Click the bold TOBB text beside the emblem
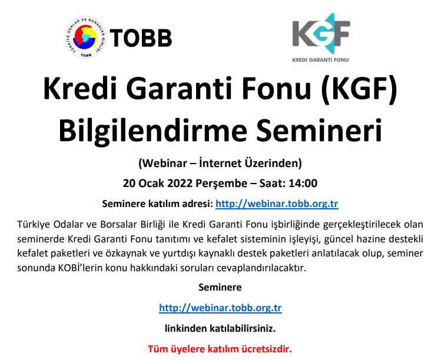coord(141,39)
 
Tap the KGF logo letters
coord(321,34)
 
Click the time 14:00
coord(304,183)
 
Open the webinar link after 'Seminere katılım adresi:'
coord(277,204)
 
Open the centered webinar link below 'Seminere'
coord(220,308)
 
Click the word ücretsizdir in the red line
coord(263,348)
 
